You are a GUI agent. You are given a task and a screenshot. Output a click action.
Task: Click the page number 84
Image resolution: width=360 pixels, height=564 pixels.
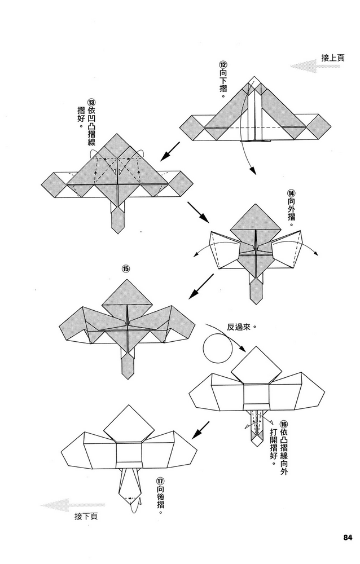346,536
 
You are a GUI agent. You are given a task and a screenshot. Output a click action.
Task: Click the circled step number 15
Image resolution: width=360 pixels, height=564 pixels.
125,268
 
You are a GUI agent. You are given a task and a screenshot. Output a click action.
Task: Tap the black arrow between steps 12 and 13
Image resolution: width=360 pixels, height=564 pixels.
170,151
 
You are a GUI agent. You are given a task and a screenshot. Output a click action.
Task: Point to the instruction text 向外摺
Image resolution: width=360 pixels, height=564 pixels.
291,211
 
